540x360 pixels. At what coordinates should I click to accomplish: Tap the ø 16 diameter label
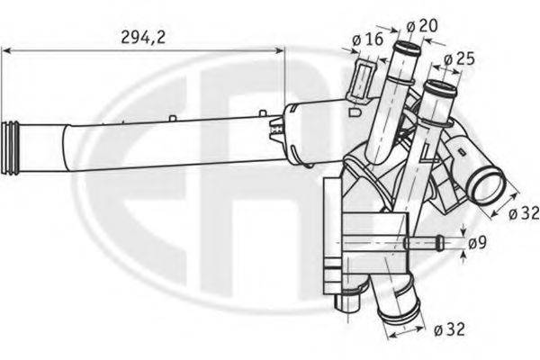(368, 40)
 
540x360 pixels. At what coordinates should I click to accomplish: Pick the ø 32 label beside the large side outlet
(524, 212)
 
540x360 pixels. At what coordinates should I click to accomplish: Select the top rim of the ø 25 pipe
(439, 86)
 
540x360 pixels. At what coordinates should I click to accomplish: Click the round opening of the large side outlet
(489, 187)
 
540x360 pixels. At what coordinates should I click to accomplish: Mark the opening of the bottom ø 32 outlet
(396, 317)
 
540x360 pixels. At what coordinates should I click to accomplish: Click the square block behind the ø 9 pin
(378, 236)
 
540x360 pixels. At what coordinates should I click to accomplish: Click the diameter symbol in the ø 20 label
(410, 26)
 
